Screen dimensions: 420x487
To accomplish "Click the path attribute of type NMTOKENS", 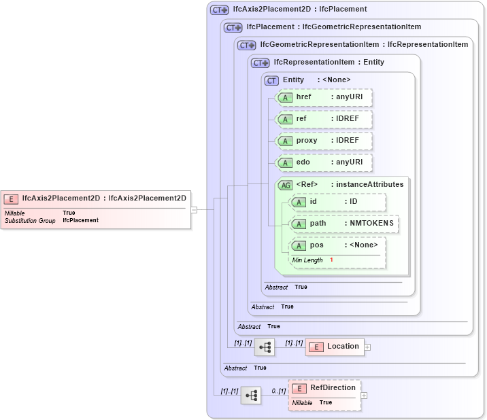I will tap(343, 224).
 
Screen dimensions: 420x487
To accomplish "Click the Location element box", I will tap(334, 347).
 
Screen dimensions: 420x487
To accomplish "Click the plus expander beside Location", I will tap(368, 347).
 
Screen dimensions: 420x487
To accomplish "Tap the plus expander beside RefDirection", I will tap(364, 395).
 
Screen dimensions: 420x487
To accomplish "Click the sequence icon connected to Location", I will tap(265, 347).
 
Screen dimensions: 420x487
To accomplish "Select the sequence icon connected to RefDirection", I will tap(251, 395).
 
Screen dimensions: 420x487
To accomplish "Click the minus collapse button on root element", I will tap(194, 209).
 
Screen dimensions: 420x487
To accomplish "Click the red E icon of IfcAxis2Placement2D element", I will tap(11, 198).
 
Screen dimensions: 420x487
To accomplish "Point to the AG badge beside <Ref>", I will tap(286, 185).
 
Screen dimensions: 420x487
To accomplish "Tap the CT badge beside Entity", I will tap(272, 80).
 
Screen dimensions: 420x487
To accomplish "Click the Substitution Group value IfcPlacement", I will tap(80, 220).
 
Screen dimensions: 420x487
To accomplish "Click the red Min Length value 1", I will tap(332, 260).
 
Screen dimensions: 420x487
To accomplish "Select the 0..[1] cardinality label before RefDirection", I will tap(278, 391).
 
